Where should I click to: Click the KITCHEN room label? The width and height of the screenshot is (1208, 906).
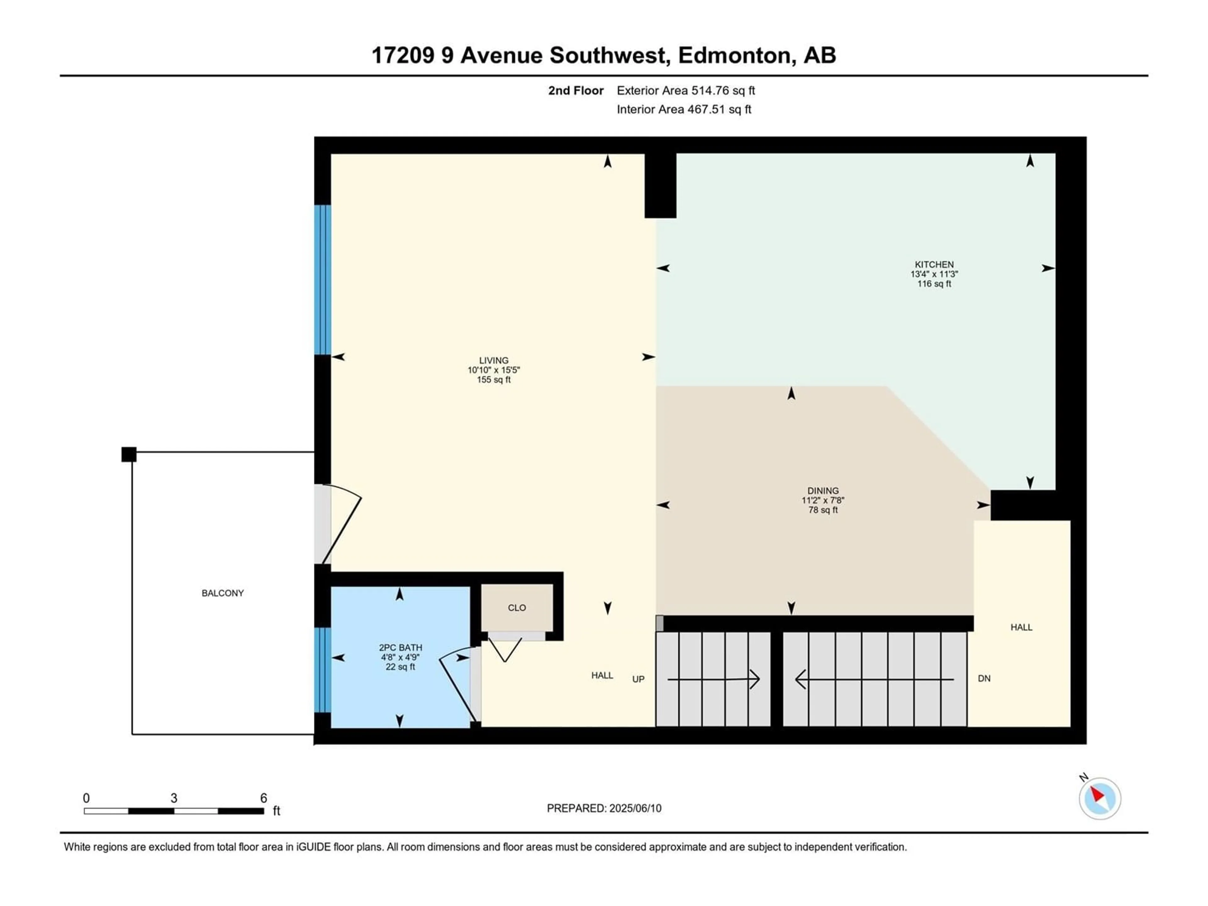click(934, 264)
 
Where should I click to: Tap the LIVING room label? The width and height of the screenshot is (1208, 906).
click(494, 361)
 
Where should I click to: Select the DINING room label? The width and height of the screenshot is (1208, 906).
click(823, 490)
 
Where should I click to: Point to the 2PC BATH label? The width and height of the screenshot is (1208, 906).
click(400, 648)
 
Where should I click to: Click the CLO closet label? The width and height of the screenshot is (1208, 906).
click(517, 608)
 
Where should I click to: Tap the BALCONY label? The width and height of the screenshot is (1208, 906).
click(223, 593)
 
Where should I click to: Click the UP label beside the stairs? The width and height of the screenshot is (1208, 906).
click(638, 679)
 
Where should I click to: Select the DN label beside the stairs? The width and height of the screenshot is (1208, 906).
click(984, 679)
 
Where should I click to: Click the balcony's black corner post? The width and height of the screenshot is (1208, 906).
click(129, 454)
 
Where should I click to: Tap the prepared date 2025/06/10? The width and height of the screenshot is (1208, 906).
click(635, 808)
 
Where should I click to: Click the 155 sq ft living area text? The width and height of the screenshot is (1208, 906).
click(494, 380)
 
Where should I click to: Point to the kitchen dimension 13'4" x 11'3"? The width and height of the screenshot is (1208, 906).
click(934, 274)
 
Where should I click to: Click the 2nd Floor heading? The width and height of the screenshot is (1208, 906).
click(576, 91)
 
